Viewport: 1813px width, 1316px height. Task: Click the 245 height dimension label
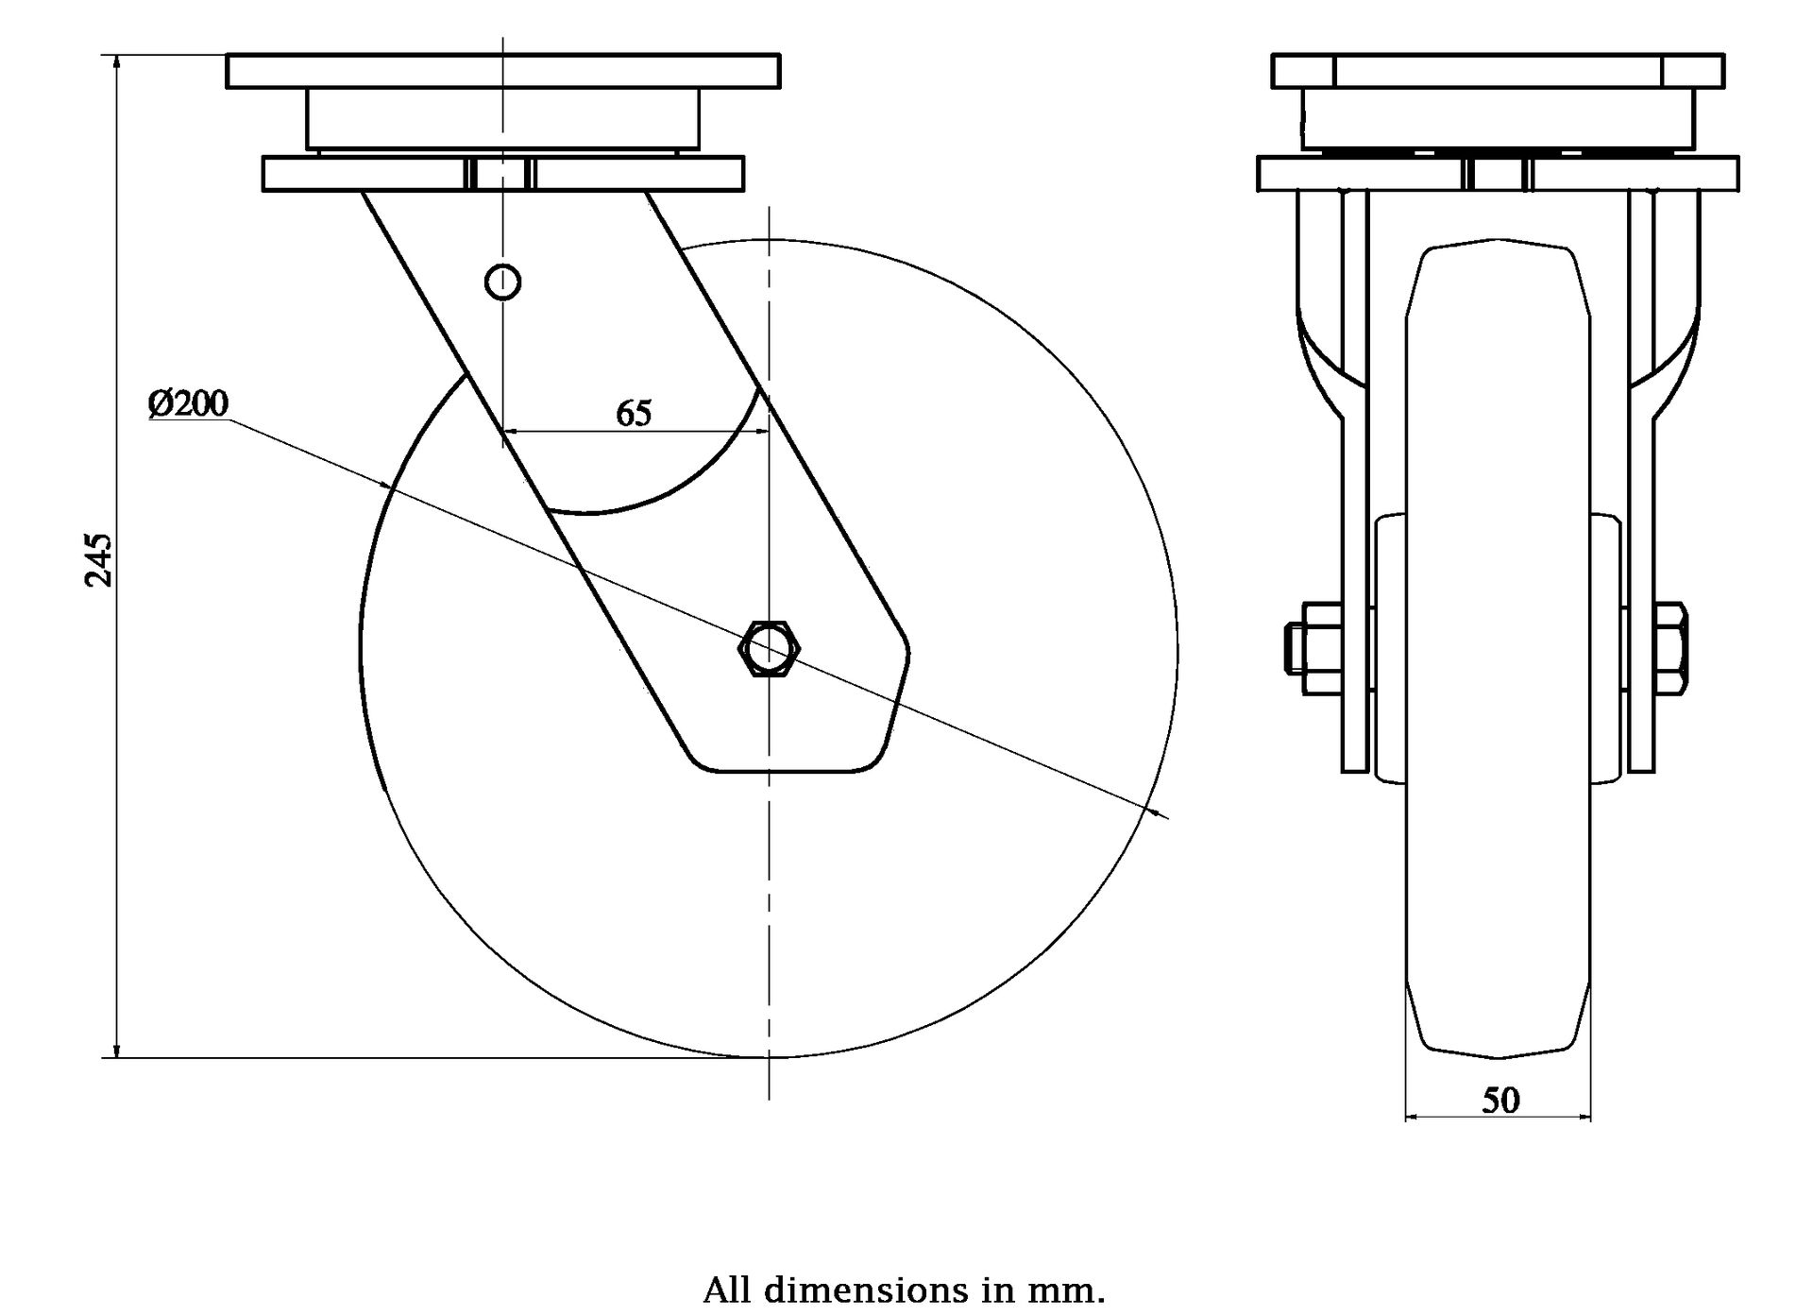[x=99, y=560]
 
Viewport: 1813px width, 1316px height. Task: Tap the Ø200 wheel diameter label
[x=188, y=403]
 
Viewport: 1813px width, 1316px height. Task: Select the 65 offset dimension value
[x=634, y=413]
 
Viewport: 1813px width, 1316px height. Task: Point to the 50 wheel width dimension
[x=1500, y=1100]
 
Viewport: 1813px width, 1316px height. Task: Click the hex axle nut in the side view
[x=771, y=648]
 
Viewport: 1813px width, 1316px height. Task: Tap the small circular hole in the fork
[x=502, y=281]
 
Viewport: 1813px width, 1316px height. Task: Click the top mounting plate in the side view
[x=503, y=71]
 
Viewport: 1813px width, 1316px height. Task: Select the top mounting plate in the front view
[x=1498, y=71]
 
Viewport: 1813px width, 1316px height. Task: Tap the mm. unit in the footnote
[x=1074, y=1290]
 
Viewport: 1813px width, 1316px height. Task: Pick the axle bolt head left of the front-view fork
[x=1296, y=648]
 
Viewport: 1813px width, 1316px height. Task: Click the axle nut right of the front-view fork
[x=1671, y=648]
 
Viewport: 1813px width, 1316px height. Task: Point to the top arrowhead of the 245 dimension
[x=116, y=61]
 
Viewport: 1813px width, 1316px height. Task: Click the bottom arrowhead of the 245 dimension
[x=116, y=1050]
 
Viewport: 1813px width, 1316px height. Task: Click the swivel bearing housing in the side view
[x=502, y=119]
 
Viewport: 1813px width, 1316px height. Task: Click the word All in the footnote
[x=729, y=1290]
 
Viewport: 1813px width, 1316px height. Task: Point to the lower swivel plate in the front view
[x=1498, y=175]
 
